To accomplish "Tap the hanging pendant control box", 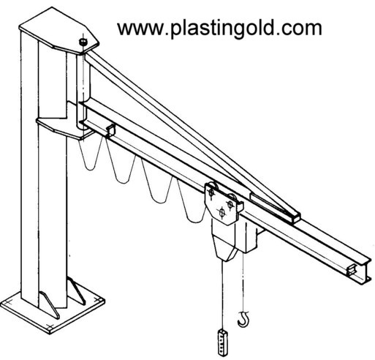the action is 222,342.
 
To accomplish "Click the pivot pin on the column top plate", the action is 83,42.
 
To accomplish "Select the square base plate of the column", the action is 53,315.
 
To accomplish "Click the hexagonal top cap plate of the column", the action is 59,31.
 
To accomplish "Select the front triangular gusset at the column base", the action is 50,305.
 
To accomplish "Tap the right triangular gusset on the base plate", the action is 77,290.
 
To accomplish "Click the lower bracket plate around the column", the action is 64,128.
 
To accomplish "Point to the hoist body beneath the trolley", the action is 235,241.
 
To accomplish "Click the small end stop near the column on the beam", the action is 110,130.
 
